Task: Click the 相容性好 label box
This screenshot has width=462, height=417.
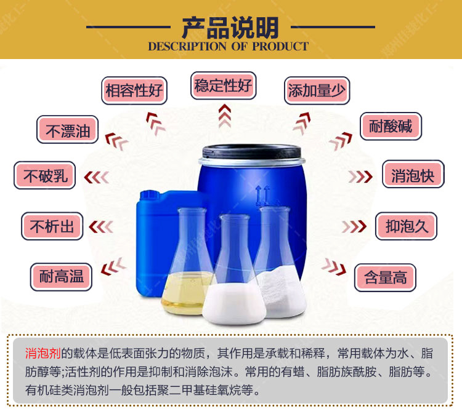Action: pyautogui.click(x=134, y=90)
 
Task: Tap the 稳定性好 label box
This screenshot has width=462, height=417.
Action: pyautogui.click(x=224, y=85)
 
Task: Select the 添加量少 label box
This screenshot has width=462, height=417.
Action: pyautogui.click(x=317, y=90)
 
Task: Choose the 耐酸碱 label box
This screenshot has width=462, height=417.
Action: pyautogui.click(x=391, y=126)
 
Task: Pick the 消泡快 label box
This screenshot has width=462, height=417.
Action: pyautogui.click(x=413, y=174)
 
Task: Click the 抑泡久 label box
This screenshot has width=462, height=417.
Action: pyautogui.click(x=406, y=226)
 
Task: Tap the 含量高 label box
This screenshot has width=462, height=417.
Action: pyautogui.click(x=385, y=277)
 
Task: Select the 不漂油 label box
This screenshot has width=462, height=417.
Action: pyautogui.click(x=68, y=130)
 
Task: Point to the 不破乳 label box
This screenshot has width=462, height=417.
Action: pyautogui.click(x=44, y=175)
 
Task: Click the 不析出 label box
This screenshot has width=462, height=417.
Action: pyautogui.click(x=52, y=226)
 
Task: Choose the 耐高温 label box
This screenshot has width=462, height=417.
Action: pyautogui.click(x=61, y=277)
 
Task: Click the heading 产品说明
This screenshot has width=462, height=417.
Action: pyautogui.click(x=230, y=28)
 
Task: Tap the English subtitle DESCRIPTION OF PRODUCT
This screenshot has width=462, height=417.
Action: pyautogui.click(x=229, y=47)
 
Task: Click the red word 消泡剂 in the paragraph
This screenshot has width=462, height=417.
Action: pyautogui.click(x=43, y=353)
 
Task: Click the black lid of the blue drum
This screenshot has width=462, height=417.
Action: pyautogui.click(x=251, y=152)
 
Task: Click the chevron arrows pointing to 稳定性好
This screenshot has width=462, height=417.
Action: pyautogui.click(x=224, y=116)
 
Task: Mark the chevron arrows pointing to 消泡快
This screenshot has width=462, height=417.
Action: pyautogui.click(x=360, y=177)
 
